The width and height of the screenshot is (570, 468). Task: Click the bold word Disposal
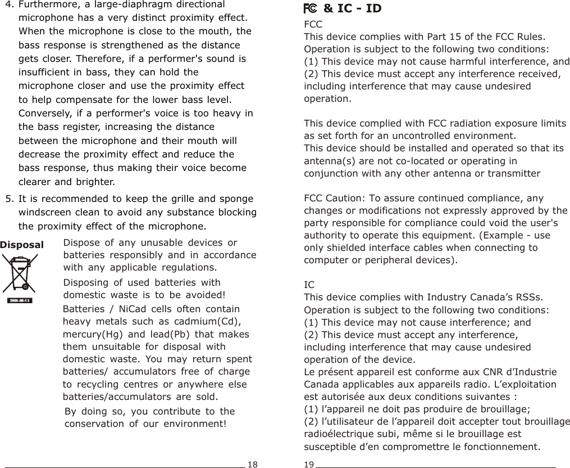22,245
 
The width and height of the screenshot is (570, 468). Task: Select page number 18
253,464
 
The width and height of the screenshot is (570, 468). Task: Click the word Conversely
44,114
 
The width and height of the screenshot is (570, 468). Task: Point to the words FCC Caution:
334,198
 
